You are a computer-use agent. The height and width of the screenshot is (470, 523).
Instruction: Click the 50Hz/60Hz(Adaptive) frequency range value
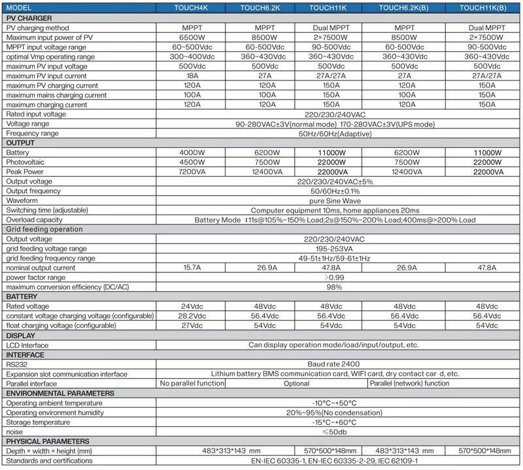[x=335, y=133]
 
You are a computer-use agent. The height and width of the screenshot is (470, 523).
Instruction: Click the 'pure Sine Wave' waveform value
[x=335, y=200]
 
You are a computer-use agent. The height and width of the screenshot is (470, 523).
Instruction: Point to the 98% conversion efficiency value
[x=335, y=287]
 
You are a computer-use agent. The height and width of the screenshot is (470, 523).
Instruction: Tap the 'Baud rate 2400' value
[x=335, y=364]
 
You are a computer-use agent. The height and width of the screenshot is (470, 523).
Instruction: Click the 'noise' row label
[x=16, y=432]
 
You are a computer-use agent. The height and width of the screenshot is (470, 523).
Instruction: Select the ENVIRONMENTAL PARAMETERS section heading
[x=60, y=393]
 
